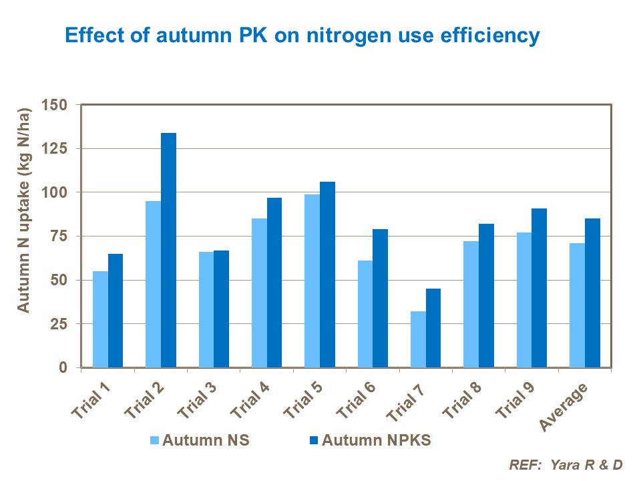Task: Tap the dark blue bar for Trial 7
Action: [x=433, y=328]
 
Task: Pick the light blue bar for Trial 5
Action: [x=312, y=281]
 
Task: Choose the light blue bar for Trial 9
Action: [x=523, y=300]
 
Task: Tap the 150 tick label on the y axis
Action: [x=55, y=105]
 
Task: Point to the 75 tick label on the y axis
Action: [x=59, y=236]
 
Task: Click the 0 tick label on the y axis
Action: [x=63, y=367]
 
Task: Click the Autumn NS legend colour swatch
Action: [x=154, y=440]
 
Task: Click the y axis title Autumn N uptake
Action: [x=23, y=209]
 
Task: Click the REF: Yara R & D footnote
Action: [x=565, y=464]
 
